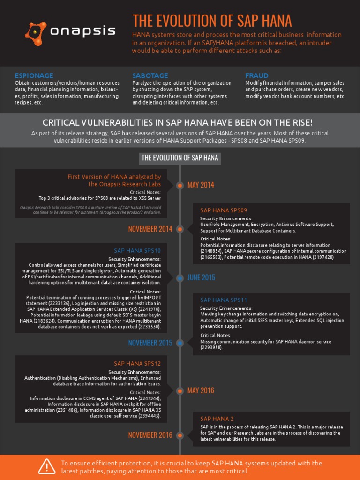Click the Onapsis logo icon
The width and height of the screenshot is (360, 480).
(36, 32)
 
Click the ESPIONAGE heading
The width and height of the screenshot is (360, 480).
(34, 75)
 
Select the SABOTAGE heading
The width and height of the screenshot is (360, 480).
(150, 75)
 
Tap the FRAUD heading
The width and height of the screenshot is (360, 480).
(257, 75)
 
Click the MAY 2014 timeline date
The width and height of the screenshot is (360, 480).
(201, 185)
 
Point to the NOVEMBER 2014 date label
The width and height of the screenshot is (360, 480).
(150, 229)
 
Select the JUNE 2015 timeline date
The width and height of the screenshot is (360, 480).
(202, 277)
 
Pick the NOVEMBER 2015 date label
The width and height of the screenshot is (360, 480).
(150, 343)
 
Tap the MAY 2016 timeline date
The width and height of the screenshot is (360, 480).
(201, 390)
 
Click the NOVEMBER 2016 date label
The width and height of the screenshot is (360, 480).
(150, 435)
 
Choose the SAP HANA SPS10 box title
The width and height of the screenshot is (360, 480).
(137, 251)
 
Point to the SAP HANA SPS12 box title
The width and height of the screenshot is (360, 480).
(137, 363)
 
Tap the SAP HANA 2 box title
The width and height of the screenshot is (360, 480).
(217, 419)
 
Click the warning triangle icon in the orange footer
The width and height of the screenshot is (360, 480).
(47, 467)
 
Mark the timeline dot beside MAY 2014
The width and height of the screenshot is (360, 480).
(180, 186)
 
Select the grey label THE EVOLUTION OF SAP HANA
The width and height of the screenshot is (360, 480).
(180, 158)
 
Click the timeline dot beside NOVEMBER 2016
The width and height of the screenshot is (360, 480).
(180, 435)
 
